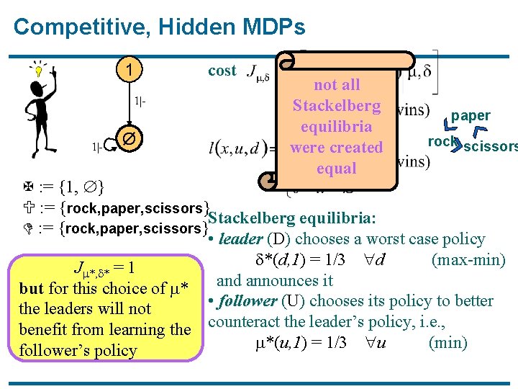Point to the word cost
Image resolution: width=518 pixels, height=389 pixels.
[222, 71]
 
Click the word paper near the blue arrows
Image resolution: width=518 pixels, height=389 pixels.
[471, 115]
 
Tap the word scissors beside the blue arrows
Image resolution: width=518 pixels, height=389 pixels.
[492, 148]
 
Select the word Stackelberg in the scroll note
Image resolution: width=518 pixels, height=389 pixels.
[336, 106]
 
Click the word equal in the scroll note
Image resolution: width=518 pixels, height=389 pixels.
[336, 168]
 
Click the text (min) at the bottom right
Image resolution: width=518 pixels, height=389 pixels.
[447, 342]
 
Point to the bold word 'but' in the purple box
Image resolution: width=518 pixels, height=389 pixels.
[32, 289]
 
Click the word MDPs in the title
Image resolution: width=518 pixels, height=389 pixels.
[274, 27]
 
